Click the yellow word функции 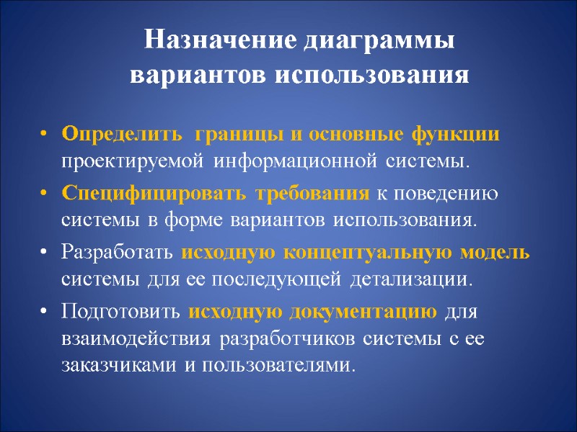465,135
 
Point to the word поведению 452,194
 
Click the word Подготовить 120,312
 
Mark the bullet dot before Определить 45,135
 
